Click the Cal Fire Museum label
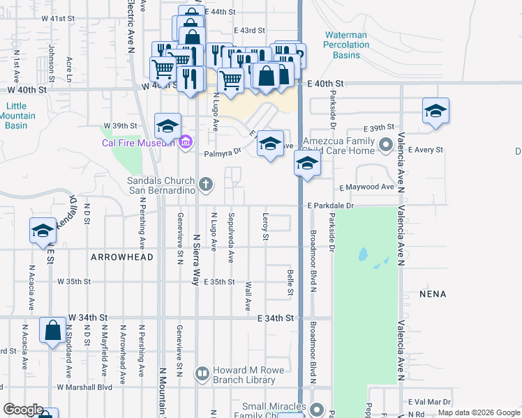coord(137,143)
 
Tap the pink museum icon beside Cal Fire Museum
coord(185,144)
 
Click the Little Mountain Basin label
coord(15,116)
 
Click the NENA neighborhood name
coord(433,294)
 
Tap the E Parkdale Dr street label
coord(331,206)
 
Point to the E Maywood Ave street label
coord(366,187)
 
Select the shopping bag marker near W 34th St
coord(53,331)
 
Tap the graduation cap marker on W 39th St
coord(167,127)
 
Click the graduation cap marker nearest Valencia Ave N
coord(435,111)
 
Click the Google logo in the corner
coord(23,410)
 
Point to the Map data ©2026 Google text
coord(479,412)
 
